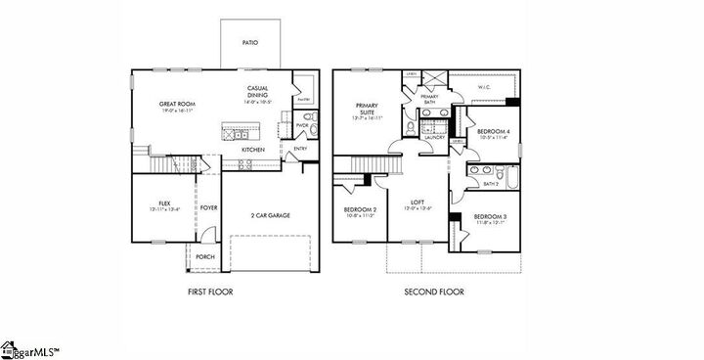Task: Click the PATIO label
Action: [x=250, y=42]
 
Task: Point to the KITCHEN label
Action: [x=253, y=150]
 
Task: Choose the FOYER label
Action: [x=209, y=207]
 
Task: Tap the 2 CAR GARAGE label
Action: [x=271, y=215]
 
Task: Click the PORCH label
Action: [x=205, y=257]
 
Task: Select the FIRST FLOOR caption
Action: [x=210, y=292]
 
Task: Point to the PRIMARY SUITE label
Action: [x=368, y=111]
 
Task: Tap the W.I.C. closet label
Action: [x=484, y=87]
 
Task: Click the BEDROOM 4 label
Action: [x=494, y=134]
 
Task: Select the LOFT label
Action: [x=417, y=202]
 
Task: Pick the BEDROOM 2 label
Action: [x=360, y=210]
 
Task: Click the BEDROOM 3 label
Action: [x=492, y=217]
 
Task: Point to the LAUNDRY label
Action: [x=435, y=137]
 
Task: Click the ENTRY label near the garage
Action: [x=300, y=149]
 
